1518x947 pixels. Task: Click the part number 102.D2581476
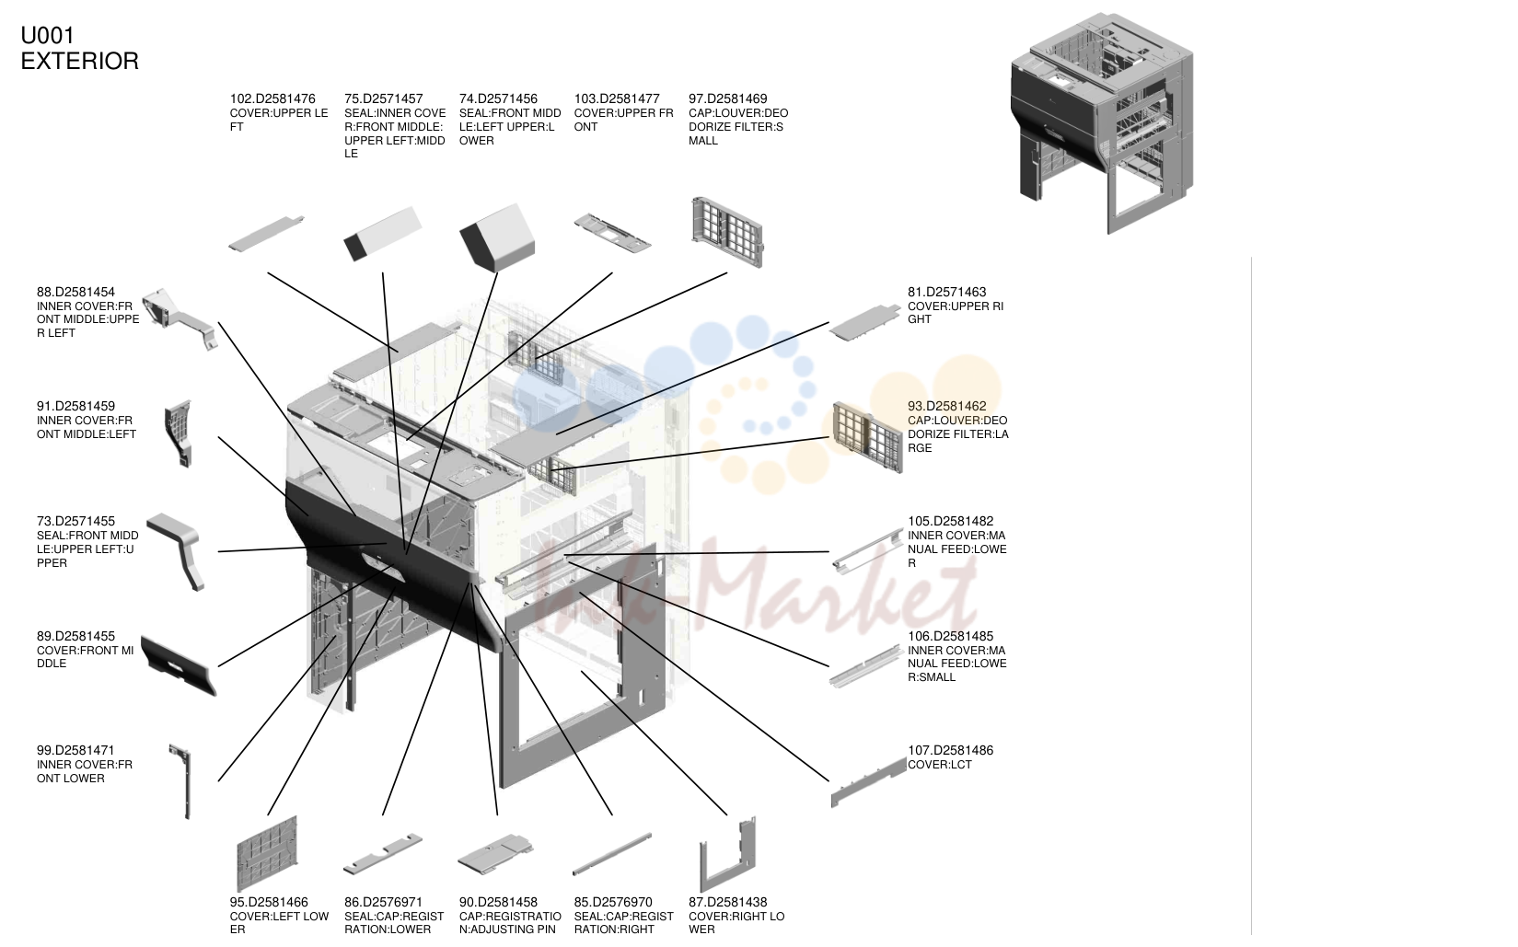coord(272,98)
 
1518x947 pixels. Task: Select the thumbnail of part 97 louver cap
coord(727,232)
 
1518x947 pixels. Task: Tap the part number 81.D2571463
coord(946,292)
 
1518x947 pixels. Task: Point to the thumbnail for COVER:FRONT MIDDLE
coord(179,664)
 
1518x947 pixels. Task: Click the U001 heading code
coord(48,35)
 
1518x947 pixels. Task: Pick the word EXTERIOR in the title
coord(80,61)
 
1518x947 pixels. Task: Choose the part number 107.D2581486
coord(950,751)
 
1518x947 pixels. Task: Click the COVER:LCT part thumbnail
coord(868,782)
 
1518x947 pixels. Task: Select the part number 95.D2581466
coord(269,902)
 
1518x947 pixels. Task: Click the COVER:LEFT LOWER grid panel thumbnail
coord(267,853)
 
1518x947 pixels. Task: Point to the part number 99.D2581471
coord(75,751)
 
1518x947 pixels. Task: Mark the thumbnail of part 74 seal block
coord(497,237)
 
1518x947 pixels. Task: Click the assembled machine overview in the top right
coord(1103,123)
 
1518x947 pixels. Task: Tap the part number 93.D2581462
coord(946,407)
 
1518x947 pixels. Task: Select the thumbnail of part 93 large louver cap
coord(867,437)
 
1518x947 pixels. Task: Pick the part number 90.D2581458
coord(498,902)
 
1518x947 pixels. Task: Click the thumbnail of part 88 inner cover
coord(180,318)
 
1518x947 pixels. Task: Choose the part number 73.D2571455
coord(75,522)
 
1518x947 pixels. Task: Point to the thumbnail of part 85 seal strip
coord(612,853)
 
